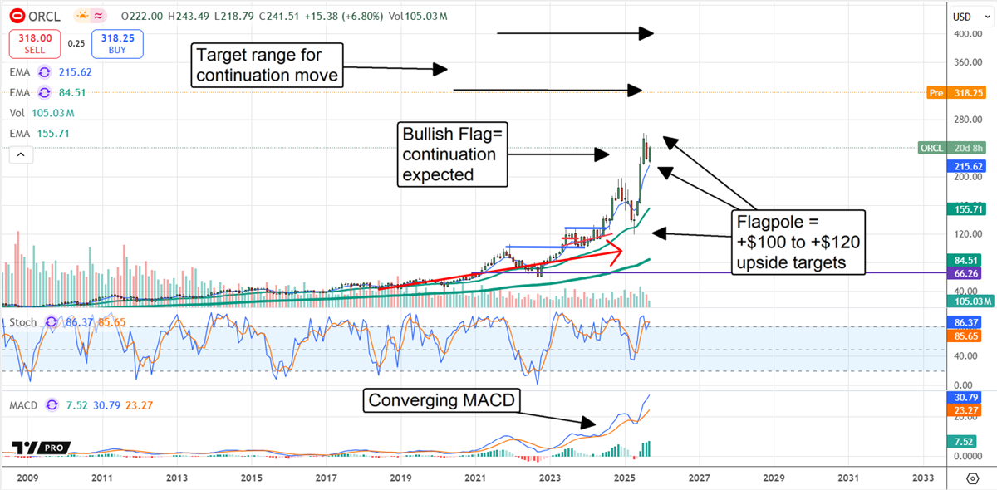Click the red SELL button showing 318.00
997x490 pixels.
tap(32, 43)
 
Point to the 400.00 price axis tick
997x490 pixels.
tap(962, 34)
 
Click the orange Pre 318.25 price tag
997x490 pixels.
tap(954, 93)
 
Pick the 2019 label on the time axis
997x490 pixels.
tap(400, 478)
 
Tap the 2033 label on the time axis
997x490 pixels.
tap(922, 478)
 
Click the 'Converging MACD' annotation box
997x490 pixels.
tap(444, 401)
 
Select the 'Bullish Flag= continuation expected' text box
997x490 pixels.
tap(451, 154)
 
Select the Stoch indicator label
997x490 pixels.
tap(22, 322)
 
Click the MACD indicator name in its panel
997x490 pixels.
tap(24, 405)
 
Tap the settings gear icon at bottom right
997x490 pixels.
tap(972, 478)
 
